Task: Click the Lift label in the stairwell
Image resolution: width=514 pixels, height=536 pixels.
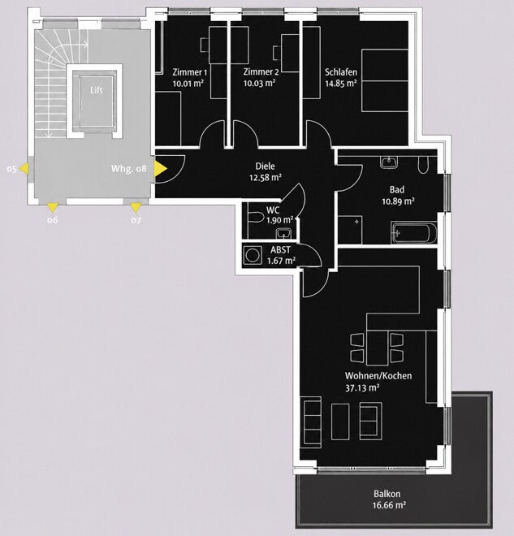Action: (97, 90)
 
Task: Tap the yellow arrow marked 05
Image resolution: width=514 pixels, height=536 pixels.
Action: (24, 169)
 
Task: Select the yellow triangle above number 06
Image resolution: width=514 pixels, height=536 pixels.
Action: (52, 208)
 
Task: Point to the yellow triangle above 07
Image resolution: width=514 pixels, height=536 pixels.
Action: (136, 208)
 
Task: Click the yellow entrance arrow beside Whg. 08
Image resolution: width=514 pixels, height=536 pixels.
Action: (160, 169)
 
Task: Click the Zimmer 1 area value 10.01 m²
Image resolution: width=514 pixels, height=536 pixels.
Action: (188, 83)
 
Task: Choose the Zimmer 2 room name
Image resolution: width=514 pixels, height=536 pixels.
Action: (261, 72)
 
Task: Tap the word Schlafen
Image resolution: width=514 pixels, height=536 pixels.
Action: (341, 72)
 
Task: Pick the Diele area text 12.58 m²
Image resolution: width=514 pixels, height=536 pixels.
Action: (266, 177)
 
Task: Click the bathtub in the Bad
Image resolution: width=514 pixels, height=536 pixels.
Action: (414, 233)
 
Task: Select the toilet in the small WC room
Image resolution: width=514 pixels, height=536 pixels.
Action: (256, 218)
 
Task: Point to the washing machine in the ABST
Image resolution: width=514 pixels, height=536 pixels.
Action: (253, 256)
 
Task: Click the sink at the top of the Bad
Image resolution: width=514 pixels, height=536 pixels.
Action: (389, 162)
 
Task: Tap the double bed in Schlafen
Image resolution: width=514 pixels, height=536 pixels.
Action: (385, 80)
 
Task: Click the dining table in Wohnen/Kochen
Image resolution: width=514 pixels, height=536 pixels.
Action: (378, 348)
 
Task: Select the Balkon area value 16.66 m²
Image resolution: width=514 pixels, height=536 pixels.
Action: (389, 505)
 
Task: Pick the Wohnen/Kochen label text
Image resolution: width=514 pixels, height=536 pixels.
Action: (378, 376)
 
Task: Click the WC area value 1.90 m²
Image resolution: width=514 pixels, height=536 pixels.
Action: (280, 220)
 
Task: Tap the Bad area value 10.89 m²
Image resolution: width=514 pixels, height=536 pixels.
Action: (398, 201)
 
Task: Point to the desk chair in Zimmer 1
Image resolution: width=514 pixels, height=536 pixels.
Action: (205, 45)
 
